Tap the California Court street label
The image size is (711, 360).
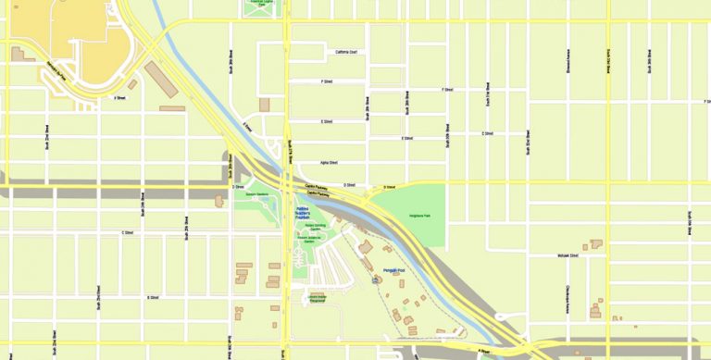pyautogui.click(x=353, y=52)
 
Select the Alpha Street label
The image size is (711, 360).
pyautogui.click(x=329, y=162)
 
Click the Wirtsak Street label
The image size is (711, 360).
pyautogui.click(x=568, y=254)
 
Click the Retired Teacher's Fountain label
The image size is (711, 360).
pyautogui.click(x=308, y=212)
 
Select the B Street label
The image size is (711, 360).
pyautogui.click(x=153, y=297)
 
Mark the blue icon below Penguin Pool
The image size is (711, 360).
pyautogui.click(x=375, y=279)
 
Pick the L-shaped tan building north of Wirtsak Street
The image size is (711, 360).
pyautogui.click(x=595, y=245)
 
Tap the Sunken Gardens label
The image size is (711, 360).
pyautogui.click(x=256, y=193)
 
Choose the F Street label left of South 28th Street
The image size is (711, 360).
pyautogui.click(x=327, y=81)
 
